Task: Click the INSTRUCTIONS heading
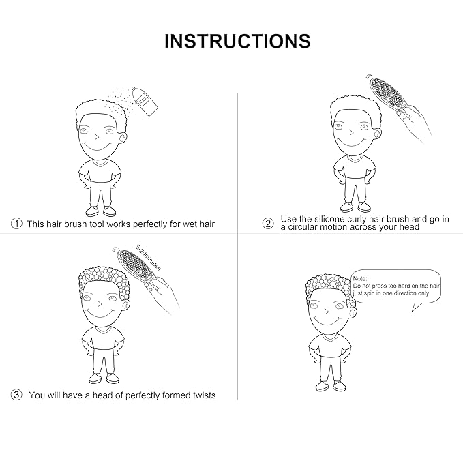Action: tap(237, 41)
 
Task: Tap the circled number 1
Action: tap(16, 223)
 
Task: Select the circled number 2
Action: tap(268, 223)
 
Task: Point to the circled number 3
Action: tap(16, 395)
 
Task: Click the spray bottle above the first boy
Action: tap(145, 101)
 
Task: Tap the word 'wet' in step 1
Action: tap(190, 224)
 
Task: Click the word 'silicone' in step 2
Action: tap(329, 219)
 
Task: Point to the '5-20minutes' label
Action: tap(149, 258)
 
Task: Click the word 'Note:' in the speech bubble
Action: tap(360, 278)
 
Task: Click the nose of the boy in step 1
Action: tap(97, 136)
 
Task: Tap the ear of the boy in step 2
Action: tap(377, 134)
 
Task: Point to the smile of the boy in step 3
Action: tap(100, 315)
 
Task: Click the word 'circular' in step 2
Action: tap(302, 227)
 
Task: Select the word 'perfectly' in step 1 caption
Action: tap(150, 224)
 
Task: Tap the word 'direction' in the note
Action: tap(406, 293)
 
